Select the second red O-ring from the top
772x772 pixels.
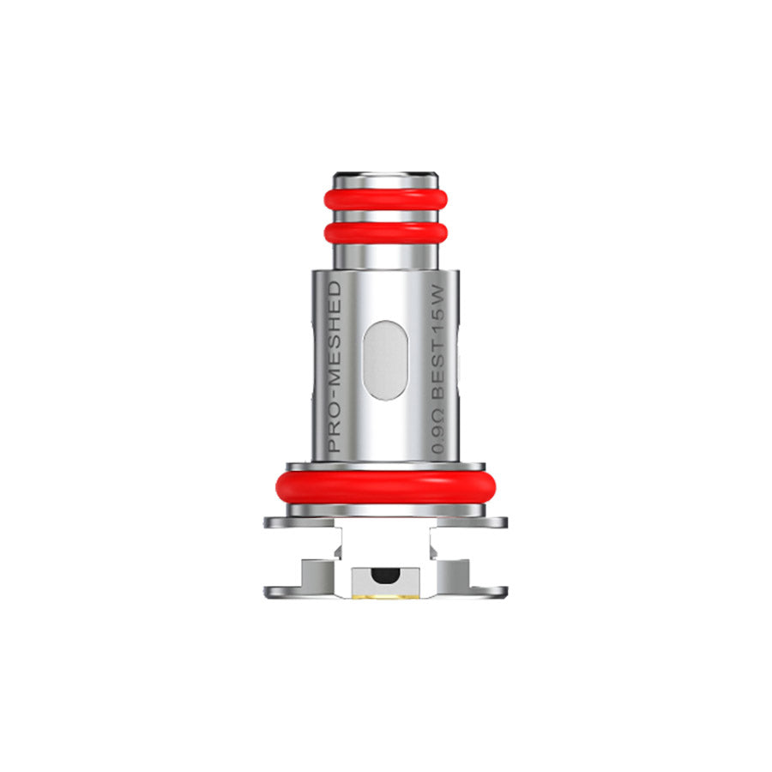(x=385, y=231)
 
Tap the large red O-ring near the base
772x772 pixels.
(x=385, y=486)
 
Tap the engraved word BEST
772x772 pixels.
(x=438, y=385)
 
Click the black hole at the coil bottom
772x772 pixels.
(x=385, y=572)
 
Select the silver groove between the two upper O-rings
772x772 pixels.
(x=385, y=215)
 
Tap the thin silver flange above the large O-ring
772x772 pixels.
(x=385, y=466)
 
